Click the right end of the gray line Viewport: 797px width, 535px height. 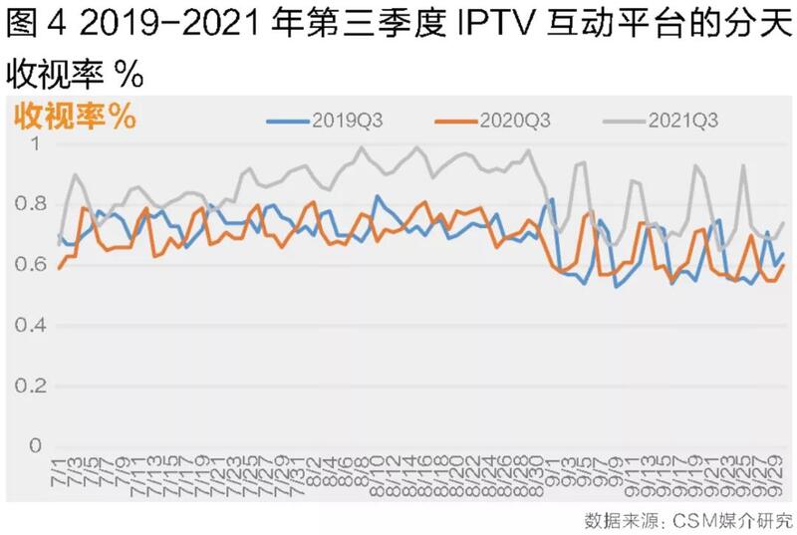(x=783, y=223)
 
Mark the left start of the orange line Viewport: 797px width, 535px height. (x=60, y=268)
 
